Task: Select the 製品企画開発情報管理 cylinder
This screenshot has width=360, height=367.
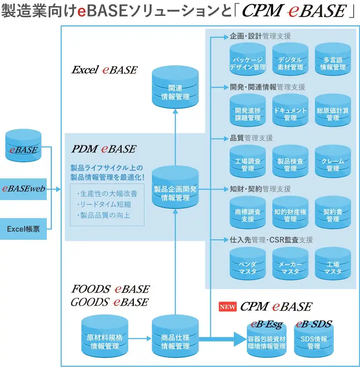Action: (x=175, y=189)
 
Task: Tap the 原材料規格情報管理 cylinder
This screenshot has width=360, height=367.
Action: (x=105, y=338)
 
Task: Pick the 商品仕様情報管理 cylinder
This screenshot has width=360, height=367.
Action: (x=175, y=338)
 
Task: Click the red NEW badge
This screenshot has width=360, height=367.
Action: (x=228, y=307)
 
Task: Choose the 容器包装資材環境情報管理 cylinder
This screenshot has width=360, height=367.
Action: (x=267, y=340)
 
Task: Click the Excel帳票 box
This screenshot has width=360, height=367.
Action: (x=23, y=229)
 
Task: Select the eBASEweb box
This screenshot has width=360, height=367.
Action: (x=23, y=188)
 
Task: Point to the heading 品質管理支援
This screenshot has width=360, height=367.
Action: (x=251, y=138)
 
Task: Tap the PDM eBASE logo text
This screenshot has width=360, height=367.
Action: (x=103, y=149)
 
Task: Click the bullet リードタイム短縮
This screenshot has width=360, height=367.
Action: (x=104, y=204)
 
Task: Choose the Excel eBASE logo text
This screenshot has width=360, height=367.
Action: (x=104, y=70)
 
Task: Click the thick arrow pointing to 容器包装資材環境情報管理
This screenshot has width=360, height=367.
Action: (x=220, y=338)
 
